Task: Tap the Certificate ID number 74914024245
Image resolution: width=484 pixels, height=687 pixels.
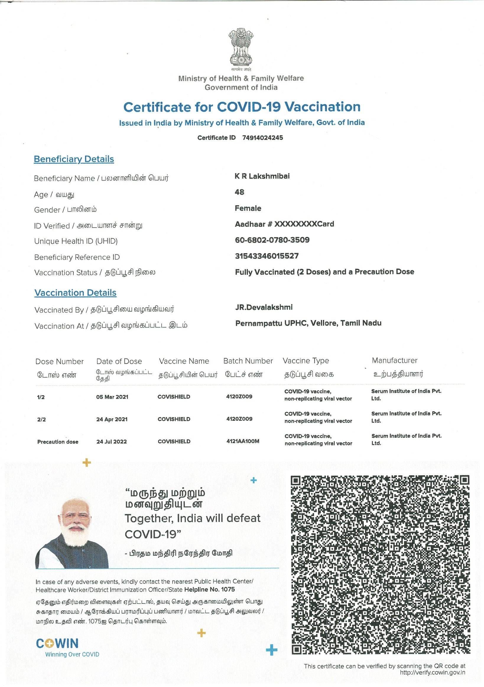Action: (262, 138)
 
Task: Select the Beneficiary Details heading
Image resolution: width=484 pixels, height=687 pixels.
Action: (74, 159)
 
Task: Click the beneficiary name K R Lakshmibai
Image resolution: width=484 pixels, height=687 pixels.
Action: (262, 176)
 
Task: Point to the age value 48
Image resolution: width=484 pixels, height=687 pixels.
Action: (239, 192)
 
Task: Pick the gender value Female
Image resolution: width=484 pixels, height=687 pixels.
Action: (248, 208)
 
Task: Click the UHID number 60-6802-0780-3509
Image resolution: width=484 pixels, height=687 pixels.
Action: (272, 240)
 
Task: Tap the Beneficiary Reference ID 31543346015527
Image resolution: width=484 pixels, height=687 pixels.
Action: (267, 256)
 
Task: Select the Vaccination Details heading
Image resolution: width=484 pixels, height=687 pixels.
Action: (75, 293)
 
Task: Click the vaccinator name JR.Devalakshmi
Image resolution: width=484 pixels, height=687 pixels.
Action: (264, 307)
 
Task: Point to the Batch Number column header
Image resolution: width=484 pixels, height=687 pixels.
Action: (248, 361)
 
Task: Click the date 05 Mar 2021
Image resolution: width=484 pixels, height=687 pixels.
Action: (112, 397)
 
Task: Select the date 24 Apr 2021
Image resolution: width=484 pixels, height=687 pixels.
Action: (112, 419)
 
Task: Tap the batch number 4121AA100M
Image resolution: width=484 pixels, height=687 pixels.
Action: (243, 441)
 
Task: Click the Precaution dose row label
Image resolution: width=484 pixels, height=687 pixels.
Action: (58, 442)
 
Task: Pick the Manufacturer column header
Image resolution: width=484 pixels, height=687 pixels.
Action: (394, 361)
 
